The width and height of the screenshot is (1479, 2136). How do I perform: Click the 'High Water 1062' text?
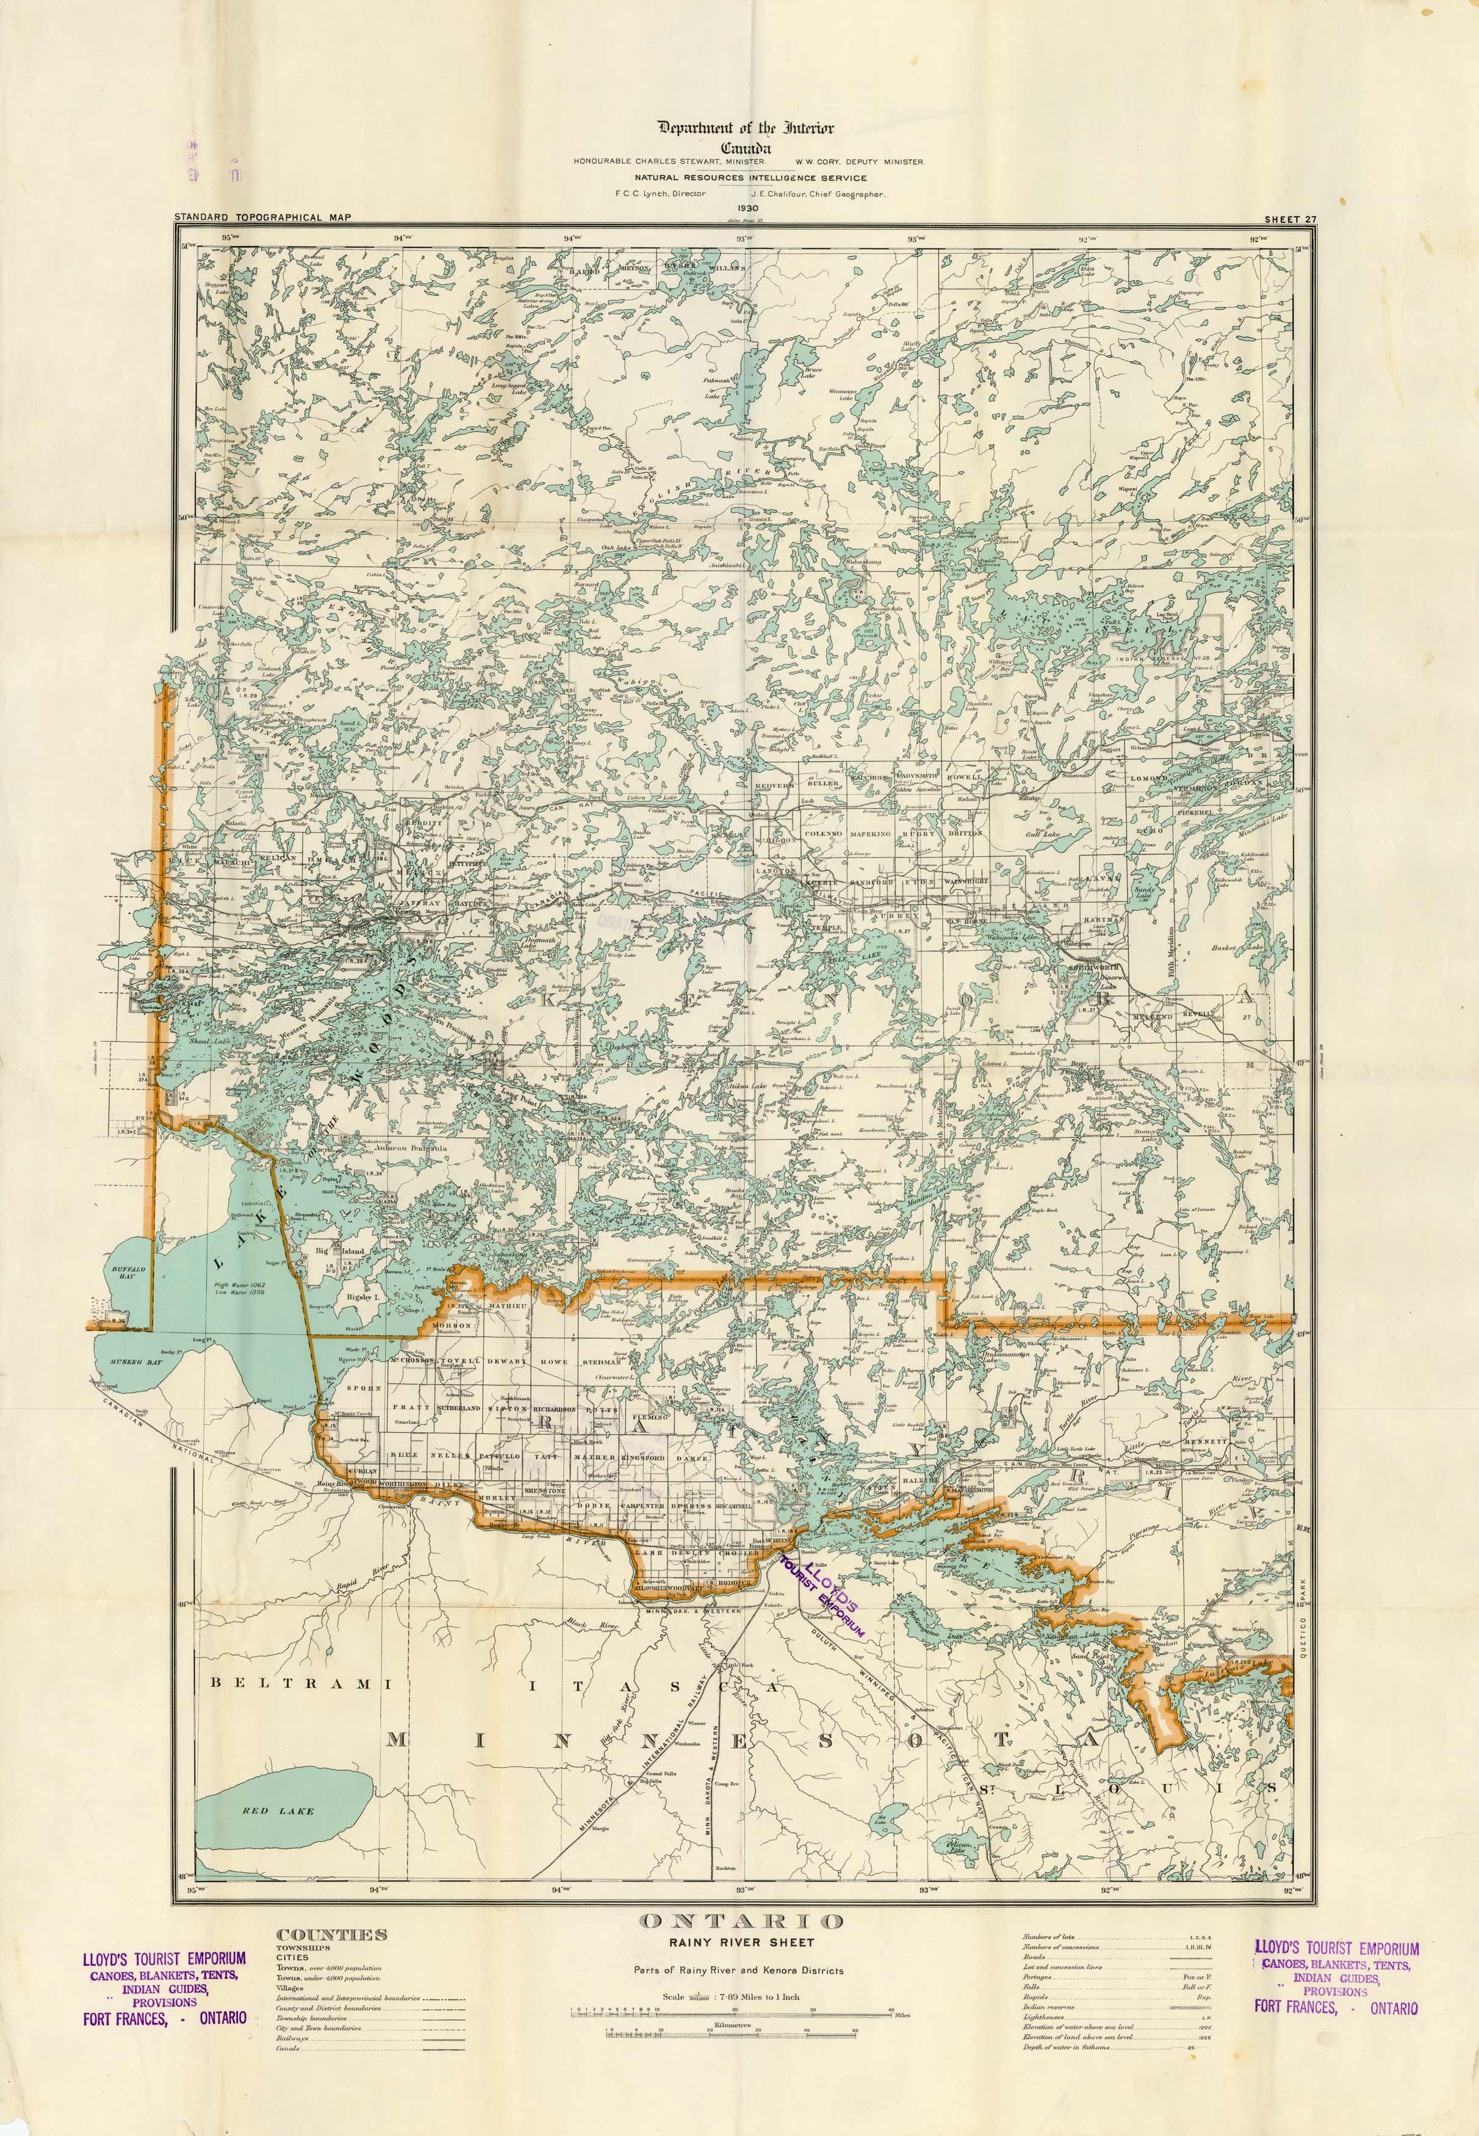coord(239,1285)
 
